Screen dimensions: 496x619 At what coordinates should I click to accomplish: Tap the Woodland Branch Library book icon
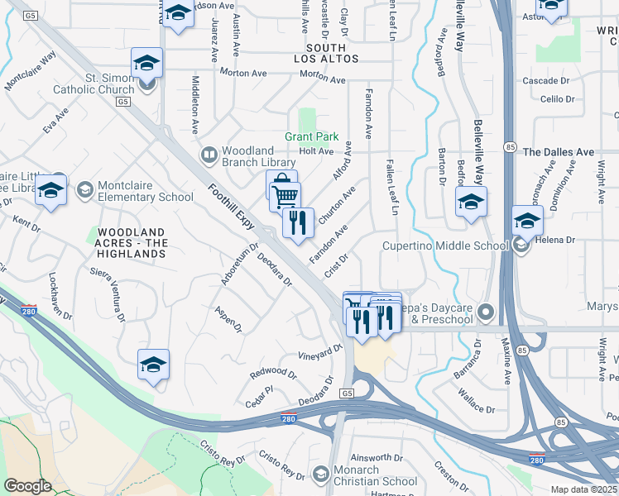209,155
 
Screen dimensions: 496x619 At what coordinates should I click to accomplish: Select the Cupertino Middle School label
444,246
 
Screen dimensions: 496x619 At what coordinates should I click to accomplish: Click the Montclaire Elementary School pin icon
84,191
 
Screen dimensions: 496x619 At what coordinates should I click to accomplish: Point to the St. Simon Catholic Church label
94,83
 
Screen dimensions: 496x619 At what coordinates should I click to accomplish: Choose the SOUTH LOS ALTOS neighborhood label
327,53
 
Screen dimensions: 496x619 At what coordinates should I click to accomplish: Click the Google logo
28,485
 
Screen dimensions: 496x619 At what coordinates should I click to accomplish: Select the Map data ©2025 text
583,489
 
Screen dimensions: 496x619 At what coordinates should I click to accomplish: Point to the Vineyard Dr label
319,352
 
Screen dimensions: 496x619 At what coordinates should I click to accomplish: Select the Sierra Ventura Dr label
110,293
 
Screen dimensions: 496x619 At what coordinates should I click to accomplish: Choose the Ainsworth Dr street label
377,457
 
